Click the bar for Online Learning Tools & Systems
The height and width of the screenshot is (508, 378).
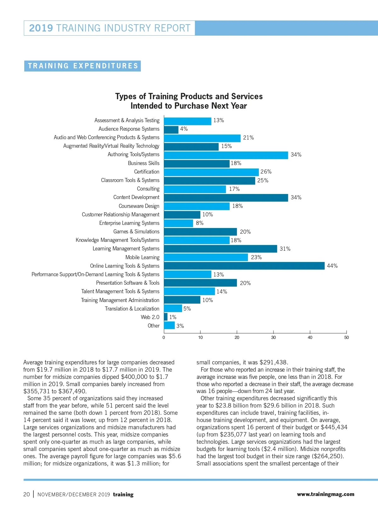point(244,266)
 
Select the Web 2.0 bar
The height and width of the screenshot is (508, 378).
point(166,317)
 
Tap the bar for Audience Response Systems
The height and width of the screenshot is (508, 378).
point(171,129)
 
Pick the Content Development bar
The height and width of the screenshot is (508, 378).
point(226,198)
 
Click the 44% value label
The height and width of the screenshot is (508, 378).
point(332,266)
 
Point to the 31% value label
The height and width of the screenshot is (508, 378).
point(285,249)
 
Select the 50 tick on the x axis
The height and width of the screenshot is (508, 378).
point(346,338)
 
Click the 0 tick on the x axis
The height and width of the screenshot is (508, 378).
point(164,338)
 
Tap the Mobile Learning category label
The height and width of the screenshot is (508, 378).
point(142,257)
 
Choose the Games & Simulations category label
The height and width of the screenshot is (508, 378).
point(136,231)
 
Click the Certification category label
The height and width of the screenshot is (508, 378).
point(147,172)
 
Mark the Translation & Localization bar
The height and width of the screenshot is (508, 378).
point(173,308)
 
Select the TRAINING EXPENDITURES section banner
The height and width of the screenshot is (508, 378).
point(83,66)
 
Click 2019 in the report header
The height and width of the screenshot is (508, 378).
point(41,28)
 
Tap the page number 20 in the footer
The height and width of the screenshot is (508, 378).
point(26,494)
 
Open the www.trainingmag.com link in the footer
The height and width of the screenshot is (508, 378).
point(325,494)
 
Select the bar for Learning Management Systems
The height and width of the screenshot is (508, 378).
point(220,249)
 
